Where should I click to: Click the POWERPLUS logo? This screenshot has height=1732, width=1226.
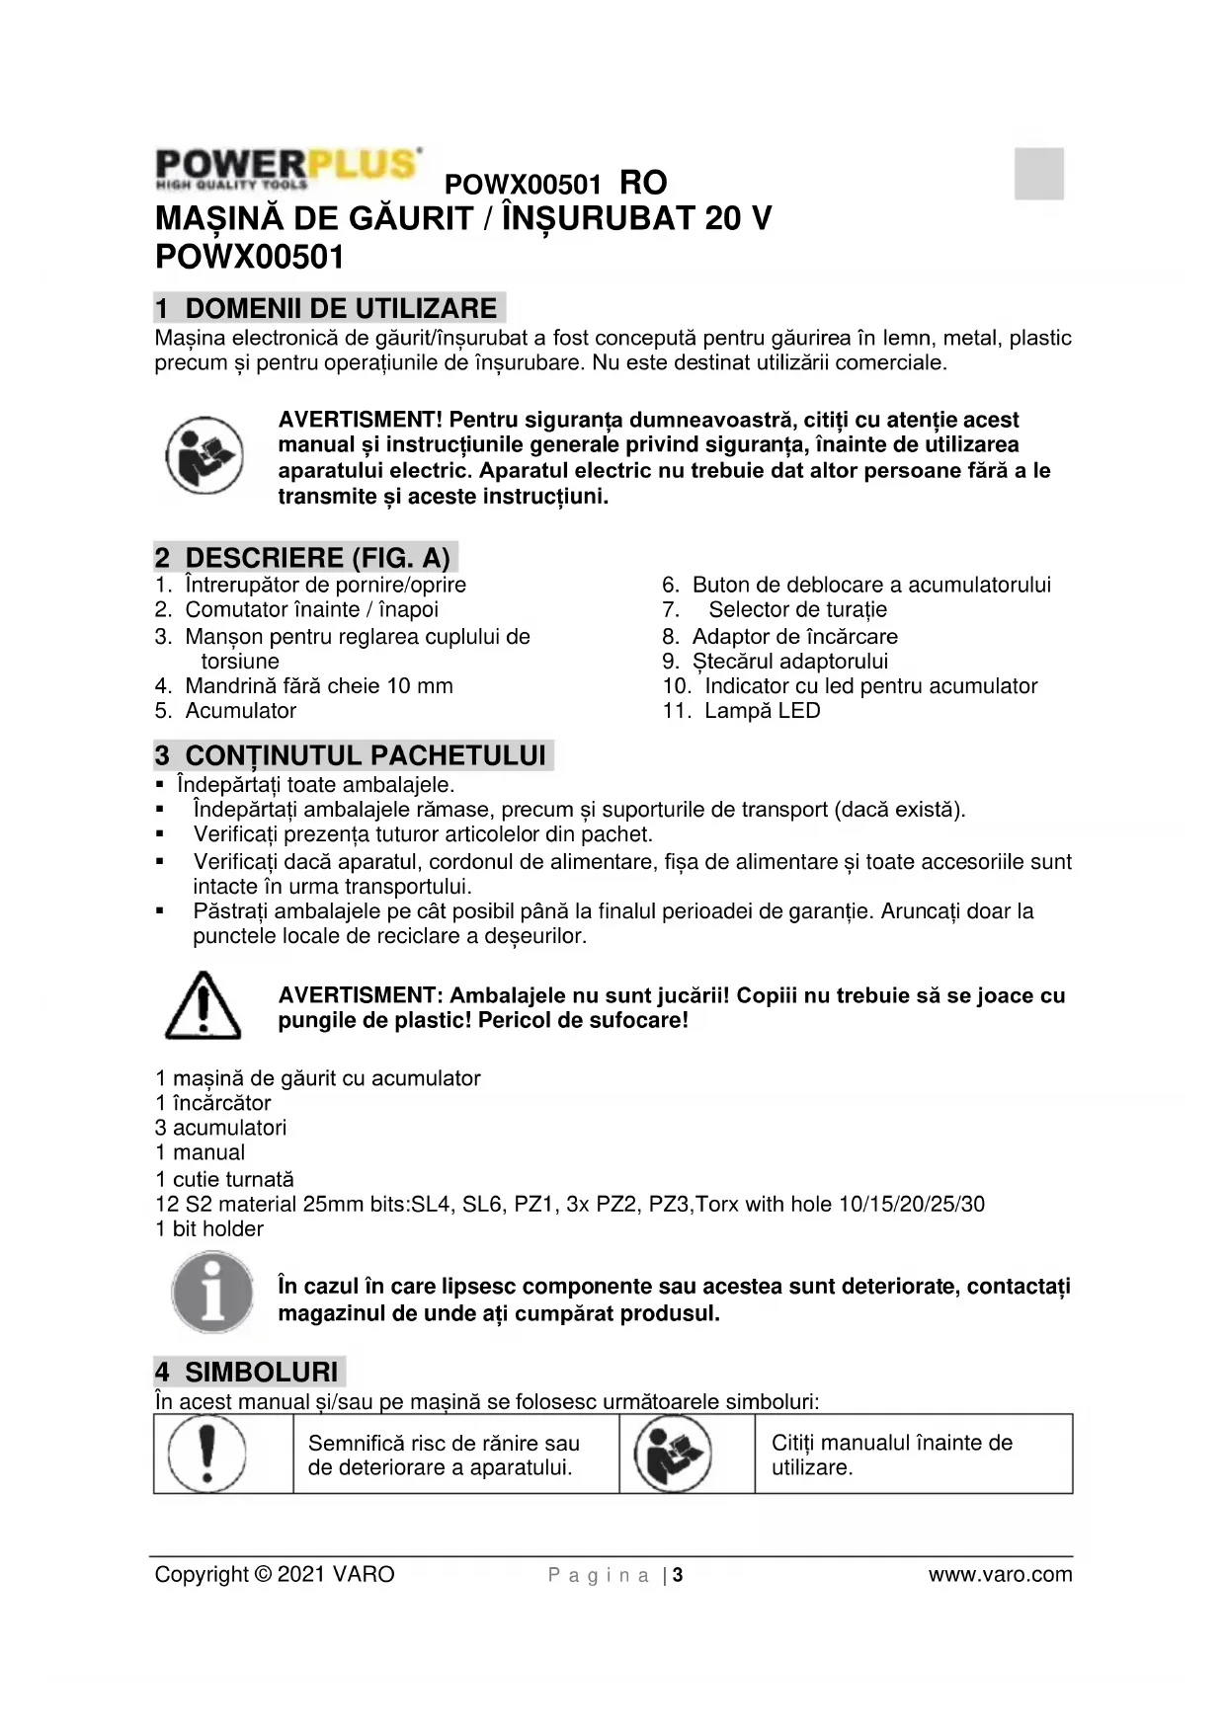point(287,169)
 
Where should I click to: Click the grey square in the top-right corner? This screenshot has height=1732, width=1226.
point(1038,174)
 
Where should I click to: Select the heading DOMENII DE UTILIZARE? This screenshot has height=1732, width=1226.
point(330,308)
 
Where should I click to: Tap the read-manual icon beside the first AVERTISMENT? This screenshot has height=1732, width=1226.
point(204,456)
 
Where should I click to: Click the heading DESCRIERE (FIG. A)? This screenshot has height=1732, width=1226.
point(306,558)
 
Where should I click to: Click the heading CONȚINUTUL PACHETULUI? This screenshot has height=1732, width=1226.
point(354,756)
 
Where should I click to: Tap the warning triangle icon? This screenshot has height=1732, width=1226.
point(203,1006)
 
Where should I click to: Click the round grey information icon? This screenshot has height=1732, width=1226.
point(211,1294)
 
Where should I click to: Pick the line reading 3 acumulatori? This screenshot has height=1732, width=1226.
point(220,1128)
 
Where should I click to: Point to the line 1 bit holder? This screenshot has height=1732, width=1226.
point(209,1229)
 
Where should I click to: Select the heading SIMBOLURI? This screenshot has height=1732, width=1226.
point(250,1373)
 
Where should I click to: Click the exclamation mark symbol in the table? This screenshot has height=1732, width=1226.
point(206,1454)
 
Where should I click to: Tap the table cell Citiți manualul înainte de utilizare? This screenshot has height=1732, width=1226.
point(891,1455)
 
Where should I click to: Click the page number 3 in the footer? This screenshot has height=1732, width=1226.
point(678,1575)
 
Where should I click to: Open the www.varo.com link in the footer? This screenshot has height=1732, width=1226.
point(1000,1575)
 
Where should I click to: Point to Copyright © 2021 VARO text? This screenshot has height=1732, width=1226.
point(275,1575)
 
